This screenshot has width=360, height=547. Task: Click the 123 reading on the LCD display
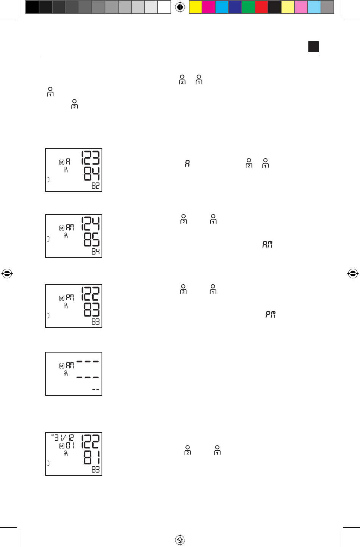pyautogui.click(x=90, y=158)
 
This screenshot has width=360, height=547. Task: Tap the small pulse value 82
pyautogui.click(x=95, y=186)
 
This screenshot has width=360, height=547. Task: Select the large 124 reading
pyautogui.click(x=91, y=224)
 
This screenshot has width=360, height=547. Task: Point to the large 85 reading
pyautogui.click(x=92, y=240)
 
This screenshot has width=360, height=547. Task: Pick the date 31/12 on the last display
pyautogui.click(x=64, y=438)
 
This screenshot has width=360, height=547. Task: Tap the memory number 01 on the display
pyautogui.click(x=70, y=445)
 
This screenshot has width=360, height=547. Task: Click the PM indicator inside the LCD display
pyautogui.click(x=70, y=298)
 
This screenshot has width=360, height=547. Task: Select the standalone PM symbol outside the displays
pyautogui.click(x=270, y=315)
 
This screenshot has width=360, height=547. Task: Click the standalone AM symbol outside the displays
pyautogui.click(x=268, y=245)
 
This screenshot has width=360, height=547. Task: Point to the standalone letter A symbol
pyautogui.click(x=187, y=164)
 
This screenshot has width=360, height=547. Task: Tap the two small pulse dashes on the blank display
pyautogui.click(x=95, y=390)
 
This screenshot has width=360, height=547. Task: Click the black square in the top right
pyautogui.click(x=313, y=47)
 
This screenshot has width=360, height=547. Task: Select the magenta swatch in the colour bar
pyautogui.click(x=209, y=7)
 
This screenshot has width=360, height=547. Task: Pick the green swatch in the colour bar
pyautogui.click(x=248, y=7)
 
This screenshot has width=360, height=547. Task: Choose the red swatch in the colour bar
pyautogui.click(x=261, y=7)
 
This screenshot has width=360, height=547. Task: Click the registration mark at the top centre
pyautogui.click(x=180, y=7)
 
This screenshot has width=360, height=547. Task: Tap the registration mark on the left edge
pyautogui.click(x=7, y=273)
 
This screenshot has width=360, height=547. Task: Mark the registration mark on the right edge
pyautogui.click(x=353, y=273)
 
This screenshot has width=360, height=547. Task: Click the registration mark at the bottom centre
pyautogui.click(x=180, y=540)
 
